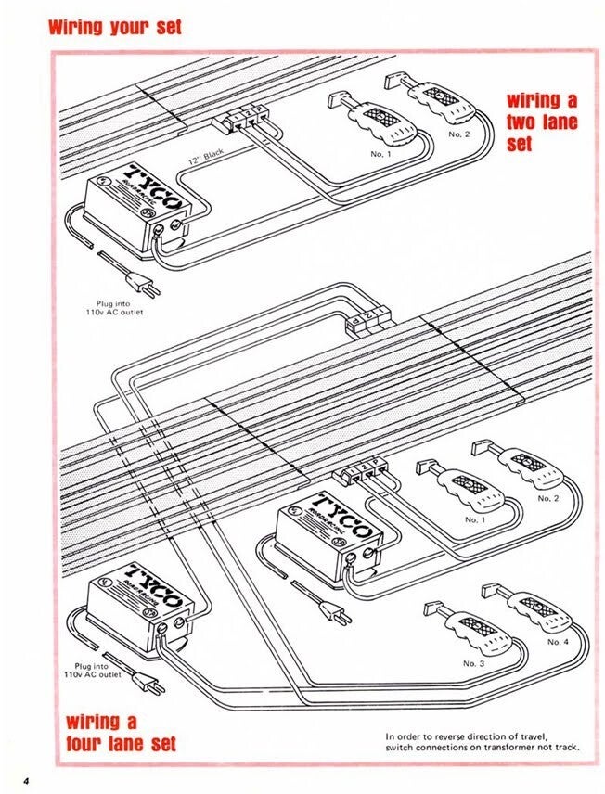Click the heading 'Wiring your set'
click(x=114, y=26)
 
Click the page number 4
click(x=28, y=780)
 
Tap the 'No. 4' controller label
click(x=558, y=642)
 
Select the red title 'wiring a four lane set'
click(x=121, y=733)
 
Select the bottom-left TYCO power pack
click(x=140, y=607)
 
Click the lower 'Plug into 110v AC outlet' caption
click(x=97, y=671)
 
